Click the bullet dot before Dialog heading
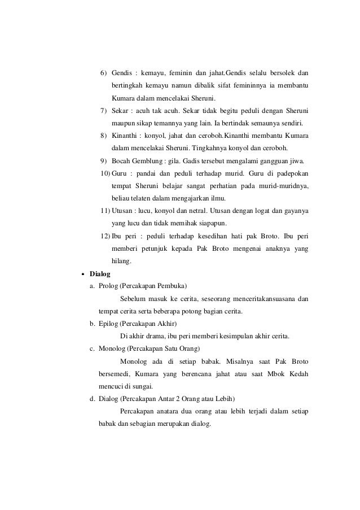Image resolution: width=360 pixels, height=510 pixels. point(83,274)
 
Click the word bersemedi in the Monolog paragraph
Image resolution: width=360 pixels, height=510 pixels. point(115,374)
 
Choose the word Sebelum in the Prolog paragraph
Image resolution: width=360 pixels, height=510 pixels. point(133,299)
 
